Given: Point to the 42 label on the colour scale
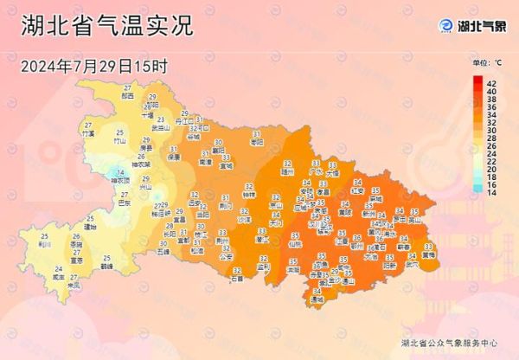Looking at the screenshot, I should pyautogui.click(x=490, y=81).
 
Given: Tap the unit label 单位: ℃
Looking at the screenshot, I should pyautogui.click(x=487, y=63).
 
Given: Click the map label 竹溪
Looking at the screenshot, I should pyautogui.click(x=87, y=134).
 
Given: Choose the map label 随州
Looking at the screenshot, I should pyautogui.click(x=287, y=171).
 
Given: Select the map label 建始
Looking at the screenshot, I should pyautogui.click(x=90, y=227).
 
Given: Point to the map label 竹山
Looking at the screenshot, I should pyautogui.click(x=120, y=140).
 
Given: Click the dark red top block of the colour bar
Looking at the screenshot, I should pyautogui.click(x=477, y=81).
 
